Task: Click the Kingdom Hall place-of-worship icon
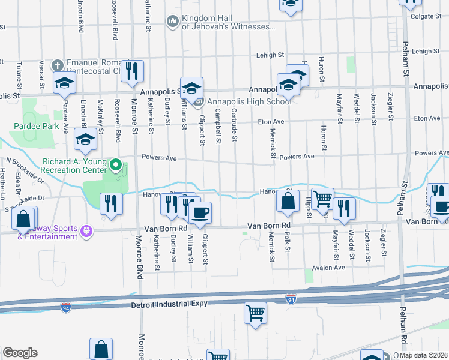pyautogui.click(x=172, y=22)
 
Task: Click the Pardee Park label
pyautogui.click(x=38, y=127)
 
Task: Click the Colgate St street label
pyautogui.click(x=427, y=16)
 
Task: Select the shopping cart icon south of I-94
pyautogui.click(x=255, y=313)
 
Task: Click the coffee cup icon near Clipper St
pyautogui.click(x=200, y=212)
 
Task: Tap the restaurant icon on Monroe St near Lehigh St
pyautogui.click(x=131, y=70)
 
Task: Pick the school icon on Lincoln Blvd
pyautogui.click(x=85, y=140)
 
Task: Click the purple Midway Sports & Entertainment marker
pyautogui.click(x=87, y=230)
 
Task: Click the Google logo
pyautogui.click(x=20, y=353)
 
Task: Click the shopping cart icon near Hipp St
pyautogui.click(x=322, y=197)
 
